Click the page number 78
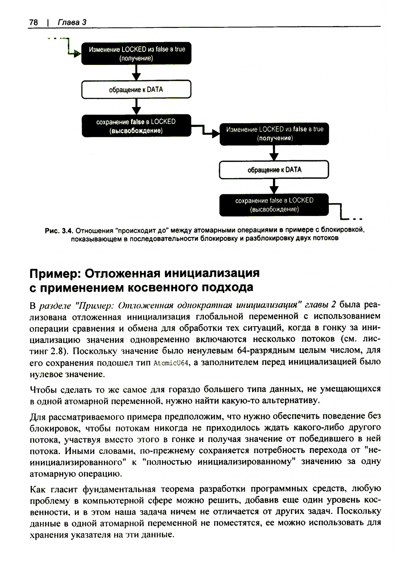33,22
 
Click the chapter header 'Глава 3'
72,22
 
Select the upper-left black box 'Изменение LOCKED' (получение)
137,54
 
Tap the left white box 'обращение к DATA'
136,89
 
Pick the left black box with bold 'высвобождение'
136,126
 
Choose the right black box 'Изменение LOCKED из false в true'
274,134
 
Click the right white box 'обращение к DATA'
274,170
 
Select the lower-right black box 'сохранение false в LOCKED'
274,205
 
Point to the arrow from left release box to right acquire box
205,131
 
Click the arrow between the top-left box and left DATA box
137,72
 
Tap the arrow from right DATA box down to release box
274,186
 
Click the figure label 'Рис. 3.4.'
60,230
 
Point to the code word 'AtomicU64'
170,363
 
